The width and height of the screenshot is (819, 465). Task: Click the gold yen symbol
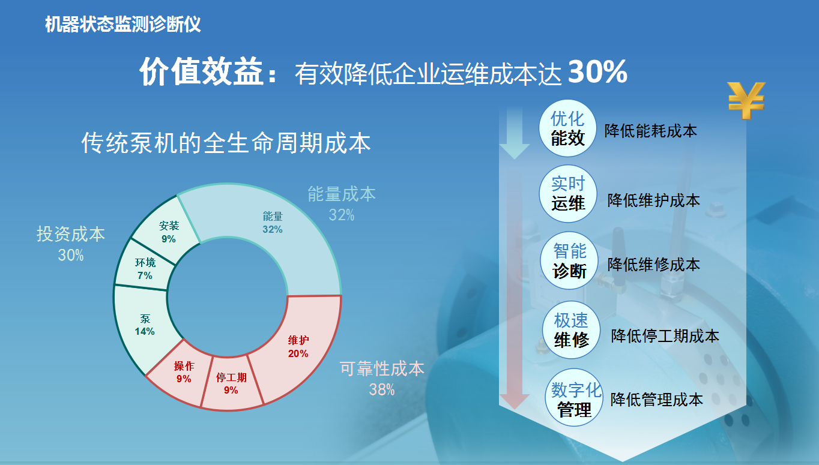click(x=746, y=100)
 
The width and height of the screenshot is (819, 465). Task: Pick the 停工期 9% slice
click(x=231, y=383)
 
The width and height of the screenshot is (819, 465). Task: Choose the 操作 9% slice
click(x=183, y=372)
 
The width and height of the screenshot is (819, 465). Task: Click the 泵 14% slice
click(x=145, y=325)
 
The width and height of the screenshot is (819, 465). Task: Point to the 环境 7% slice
click(x=145, y=268)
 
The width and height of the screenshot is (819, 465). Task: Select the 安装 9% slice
click(x=168, y=232)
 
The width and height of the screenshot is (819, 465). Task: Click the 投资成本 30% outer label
click(x=71, y=244)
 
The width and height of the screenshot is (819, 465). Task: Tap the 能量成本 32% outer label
click(x=342, y=204)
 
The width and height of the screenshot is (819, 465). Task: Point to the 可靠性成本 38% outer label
click(x=382, y=379)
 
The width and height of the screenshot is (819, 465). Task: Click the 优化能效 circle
click(x=568, y=128)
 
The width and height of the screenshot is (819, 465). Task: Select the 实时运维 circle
click(x=568, y=194)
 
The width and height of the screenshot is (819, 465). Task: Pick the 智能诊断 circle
click(x=569, y=260)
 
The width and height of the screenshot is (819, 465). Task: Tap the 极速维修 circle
click(x=571, y=330)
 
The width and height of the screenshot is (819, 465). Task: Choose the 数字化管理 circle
click(x=574, y=397)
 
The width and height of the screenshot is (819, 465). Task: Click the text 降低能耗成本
click(x=650, y=131)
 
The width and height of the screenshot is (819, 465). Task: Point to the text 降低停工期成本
click(x=665, y=335)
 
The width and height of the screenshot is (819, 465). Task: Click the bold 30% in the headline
click(x=597, y=71)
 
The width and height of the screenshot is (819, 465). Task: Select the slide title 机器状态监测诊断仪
click(x=123, y=25)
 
